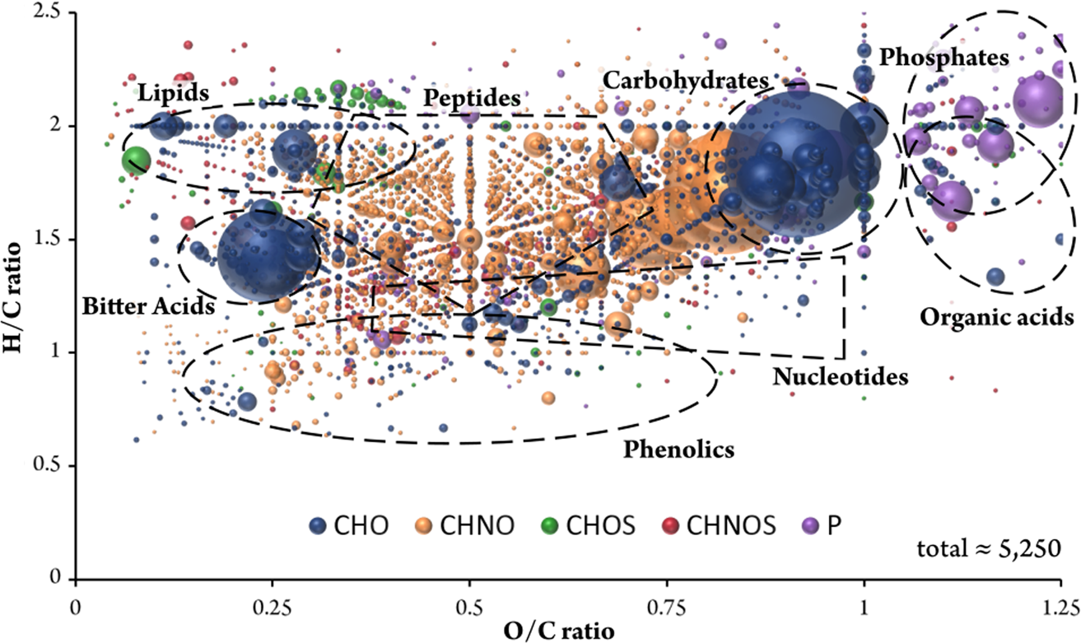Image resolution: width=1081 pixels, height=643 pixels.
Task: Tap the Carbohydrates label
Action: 685,80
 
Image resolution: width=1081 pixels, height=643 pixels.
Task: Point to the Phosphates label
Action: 944,57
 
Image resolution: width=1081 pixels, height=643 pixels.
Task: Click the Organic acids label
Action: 996,316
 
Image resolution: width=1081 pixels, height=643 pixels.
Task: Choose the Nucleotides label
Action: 840,377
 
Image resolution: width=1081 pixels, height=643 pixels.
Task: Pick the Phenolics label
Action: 678,450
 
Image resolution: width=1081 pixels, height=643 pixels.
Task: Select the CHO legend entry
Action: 346,525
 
